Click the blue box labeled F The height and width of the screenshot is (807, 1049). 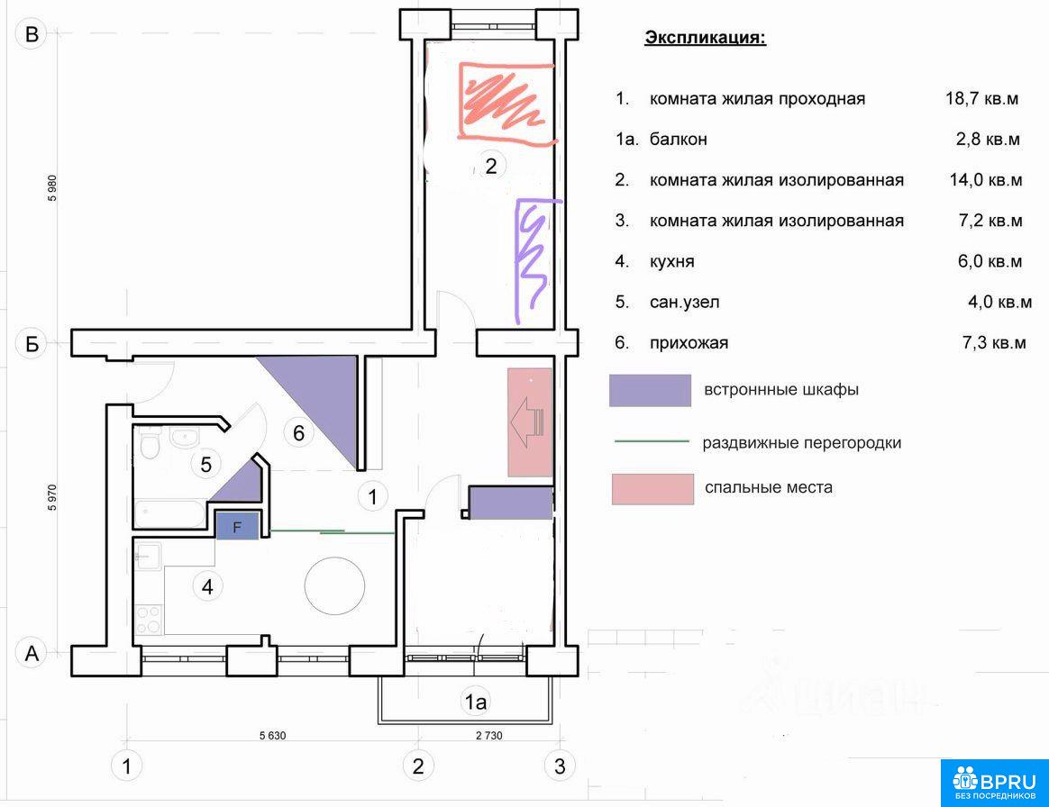(x=237, y=527)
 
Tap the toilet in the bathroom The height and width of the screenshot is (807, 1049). (x=150, y=442)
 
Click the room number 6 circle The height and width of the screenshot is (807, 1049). (x=298, y=433)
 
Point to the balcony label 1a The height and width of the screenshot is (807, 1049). (x=476, y=702)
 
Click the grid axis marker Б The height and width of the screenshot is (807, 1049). (x=32, y=344)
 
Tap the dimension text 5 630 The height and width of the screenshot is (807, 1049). (x=272, y=736)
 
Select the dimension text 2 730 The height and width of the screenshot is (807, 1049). (x=489, y=736)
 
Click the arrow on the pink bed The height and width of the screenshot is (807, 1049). (x=527, y=422)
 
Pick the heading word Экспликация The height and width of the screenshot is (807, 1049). (x=705, y=38)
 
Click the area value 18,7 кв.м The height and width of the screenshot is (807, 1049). (x=981, y=99)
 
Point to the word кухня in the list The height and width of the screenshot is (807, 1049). (x=671, y=261)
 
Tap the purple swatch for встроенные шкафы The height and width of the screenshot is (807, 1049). (x=650, y=391)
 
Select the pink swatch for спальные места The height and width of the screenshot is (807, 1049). (x=652, y=489)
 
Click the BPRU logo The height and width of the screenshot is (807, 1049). (x=995, y=783)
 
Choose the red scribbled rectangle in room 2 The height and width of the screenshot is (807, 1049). (x=506, y=103)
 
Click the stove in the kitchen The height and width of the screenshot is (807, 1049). (x=148, y=619)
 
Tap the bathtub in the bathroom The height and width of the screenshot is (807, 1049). (x=169, y=514)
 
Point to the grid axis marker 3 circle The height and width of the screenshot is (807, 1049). (x=560, y=766)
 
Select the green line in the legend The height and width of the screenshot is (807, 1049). (x=652, y=441)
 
